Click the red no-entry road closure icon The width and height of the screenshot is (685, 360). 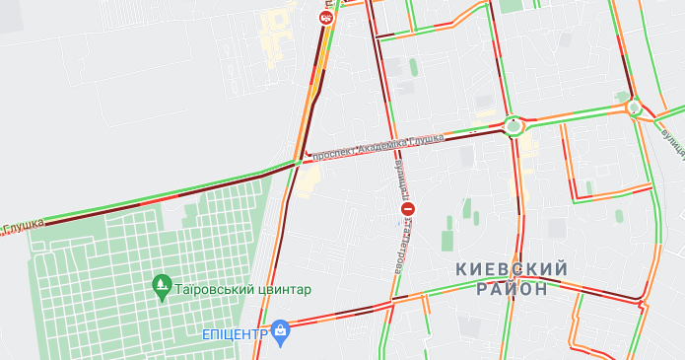(x=407, y=209)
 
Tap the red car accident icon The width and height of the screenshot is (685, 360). (x=326, y=17)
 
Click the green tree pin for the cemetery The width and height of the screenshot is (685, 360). (x=161, y=288)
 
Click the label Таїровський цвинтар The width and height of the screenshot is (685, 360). (x=242, y=289)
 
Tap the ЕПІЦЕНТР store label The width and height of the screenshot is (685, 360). (x=235, y=333)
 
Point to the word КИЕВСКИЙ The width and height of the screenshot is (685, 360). (x=512, y=269)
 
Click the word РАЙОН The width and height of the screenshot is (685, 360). (x=512, y=289)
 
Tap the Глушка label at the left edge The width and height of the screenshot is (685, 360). (x=22, y=227)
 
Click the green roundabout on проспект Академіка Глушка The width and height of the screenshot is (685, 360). (x=513, y=125)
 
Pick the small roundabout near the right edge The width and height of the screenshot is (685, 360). (x=634, y=108)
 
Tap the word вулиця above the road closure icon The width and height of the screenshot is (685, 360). (x=401, y=176)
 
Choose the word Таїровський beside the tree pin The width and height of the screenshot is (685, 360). (x=214, y=289)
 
